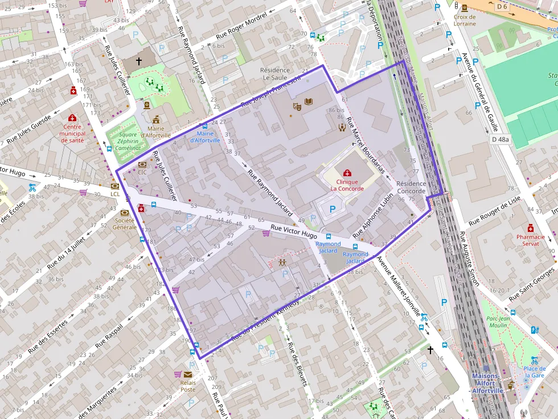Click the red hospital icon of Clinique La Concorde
click(x=347, y=172)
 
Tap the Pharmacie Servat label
click(x=531, y=240)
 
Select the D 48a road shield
click(x=500, y=139)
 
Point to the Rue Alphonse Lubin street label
click(x=374, y=214)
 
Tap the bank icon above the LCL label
click(x=115, y=185)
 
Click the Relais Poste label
click(x=188, y=385)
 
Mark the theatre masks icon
click(x=297, y=106)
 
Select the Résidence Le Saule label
click(x=276, y=74)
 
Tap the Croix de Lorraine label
click(x=465, y=20)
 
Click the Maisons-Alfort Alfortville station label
click(x=486, y=383)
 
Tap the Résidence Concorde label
click(x=411, y=188)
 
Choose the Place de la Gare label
click(x=534, y=372)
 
